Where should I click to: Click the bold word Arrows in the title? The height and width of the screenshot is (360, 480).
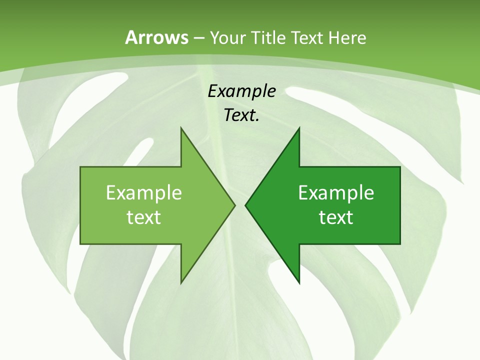coord(156,37)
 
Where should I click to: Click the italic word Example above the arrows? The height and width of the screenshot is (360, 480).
coord(241,91)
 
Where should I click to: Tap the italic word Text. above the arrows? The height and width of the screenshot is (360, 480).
coord(241,115)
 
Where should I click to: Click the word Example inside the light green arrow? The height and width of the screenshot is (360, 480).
coord(144,193)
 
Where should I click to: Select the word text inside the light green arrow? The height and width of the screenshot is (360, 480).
coord(144,217)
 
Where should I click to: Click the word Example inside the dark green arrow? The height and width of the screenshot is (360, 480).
coord(336,193)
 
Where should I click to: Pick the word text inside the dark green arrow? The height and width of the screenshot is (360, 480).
coord(336,217)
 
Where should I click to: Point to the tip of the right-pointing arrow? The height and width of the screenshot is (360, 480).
coord(235,205)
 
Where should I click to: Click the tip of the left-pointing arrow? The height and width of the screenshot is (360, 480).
coord(245,205)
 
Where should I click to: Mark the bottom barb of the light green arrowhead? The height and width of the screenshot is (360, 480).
coord(181,281)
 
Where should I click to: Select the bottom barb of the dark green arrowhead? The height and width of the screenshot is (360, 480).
coord(299,281)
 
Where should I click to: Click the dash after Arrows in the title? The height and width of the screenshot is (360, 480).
coord(198,38)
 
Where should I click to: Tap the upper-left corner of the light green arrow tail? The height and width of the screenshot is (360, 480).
coord(81,167)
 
